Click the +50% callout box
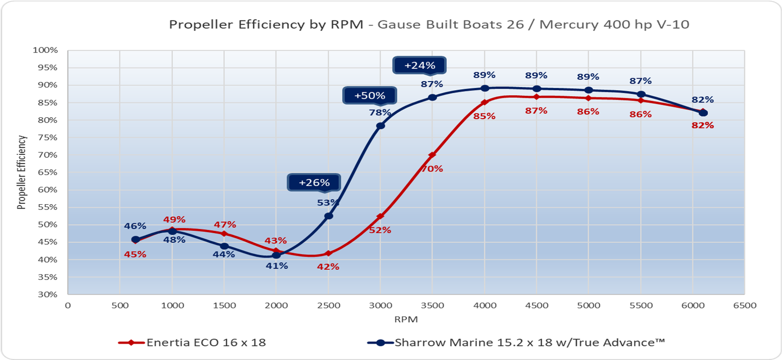pos(369,96)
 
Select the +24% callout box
pos(419,65)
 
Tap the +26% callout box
pos(314,183)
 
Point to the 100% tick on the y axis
pos(45,50)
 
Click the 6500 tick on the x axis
pos(744,306)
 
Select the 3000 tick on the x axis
pos(380,306)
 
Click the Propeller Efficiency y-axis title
pos(22,172)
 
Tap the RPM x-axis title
pos(406,319)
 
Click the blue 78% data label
pos(380,113)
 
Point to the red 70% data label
pos(432,169)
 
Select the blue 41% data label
pos(277,266)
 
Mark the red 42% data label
pos(328,267)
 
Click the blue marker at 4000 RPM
pos(485,88)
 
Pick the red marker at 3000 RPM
pos(380,216)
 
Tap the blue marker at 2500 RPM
pos(328,216)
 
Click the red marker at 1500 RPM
pos(224,233)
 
